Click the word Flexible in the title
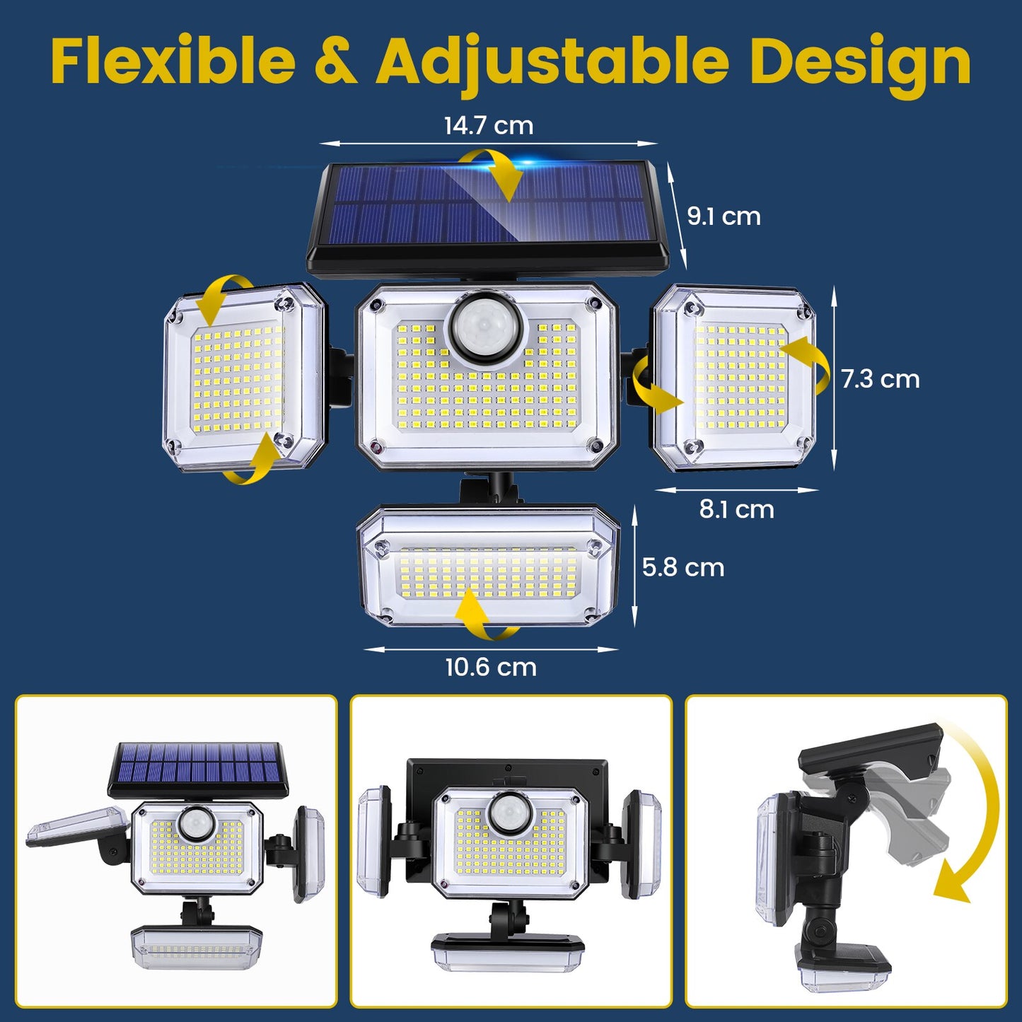click(x=173, y=62)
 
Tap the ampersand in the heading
click(x=335, y=62)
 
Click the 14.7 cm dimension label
click(x=488, y=125)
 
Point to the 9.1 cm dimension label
click(x=724, y=216)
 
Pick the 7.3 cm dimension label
click(x=880, y=379)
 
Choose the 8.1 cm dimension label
click(x=736, y=509)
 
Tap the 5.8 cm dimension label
click(x=683, y=567)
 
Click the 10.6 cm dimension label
click(x=490, y=667)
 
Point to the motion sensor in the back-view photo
click(x=509, y=811)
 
